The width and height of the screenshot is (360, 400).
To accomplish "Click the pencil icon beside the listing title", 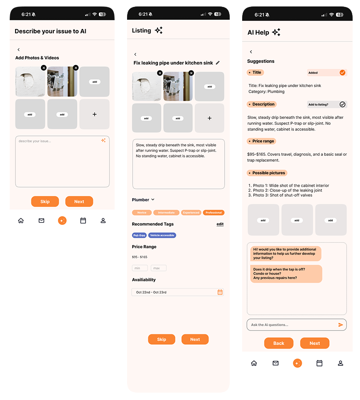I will tap(218, 63).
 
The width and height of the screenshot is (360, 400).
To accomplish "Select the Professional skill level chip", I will tap(214, 212).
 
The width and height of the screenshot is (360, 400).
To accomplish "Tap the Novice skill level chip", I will tap(142, 212).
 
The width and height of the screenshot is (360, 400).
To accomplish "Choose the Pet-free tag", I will tap(139, 235).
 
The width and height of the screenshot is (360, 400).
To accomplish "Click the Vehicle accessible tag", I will tap(162, 235).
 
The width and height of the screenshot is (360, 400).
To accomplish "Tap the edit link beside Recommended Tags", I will tap(220, 224).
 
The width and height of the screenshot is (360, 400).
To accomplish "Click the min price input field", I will tap(140, 268).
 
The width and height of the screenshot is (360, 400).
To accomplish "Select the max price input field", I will tap(158, 268).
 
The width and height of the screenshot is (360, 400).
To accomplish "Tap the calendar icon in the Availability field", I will tap(220, 292).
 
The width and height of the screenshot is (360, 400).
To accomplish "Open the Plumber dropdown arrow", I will tap(153, 200).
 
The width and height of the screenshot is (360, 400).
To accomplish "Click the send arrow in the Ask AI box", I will tap(341, 325).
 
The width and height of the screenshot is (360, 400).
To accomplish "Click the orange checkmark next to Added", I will tap(342, 72).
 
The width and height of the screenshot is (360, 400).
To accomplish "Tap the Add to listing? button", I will tap(326, 105).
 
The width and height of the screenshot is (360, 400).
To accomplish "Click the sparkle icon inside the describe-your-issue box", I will tap(103, 141).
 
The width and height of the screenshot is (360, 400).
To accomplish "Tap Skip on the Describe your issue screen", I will tap(45, 201).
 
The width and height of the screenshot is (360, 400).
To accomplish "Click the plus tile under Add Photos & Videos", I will tap(94, 114).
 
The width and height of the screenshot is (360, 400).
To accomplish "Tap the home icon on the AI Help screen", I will tap(254, 363).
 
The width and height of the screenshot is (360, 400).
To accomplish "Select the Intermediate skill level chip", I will tap(166, 212).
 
